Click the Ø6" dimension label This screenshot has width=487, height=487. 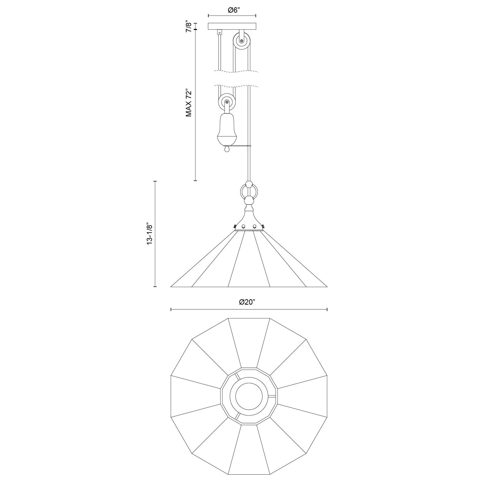pos(232,10)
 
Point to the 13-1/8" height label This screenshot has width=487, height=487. pos(150,234)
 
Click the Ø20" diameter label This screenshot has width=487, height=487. pos(247,302)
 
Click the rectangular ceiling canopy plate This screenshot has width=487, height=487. pos(232,26)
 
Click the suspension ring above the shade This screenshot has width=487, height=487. pos(249,192)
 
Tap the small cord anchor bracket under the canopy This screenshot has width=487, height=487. pos(220,32)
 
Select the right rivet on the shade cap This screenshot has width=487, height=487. pos(255,226)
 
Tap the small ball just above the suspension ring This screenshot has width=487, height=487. pos(249,184)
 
